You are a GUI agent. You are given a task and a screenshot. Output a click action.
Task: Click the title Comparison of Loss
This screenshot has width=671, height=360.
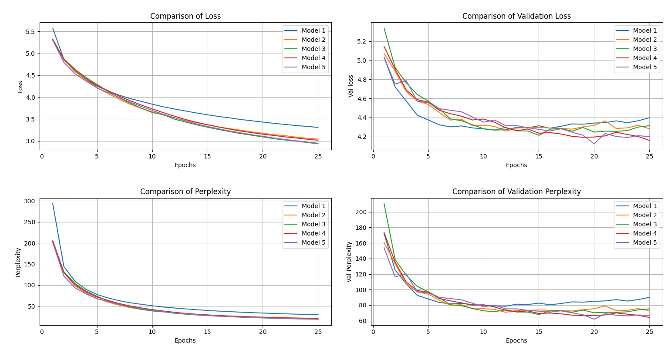[x=185, y=16]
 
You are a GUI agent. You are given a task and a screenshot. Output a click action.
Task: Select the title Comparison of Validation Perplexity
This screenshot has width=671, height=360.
[x=516, y=192]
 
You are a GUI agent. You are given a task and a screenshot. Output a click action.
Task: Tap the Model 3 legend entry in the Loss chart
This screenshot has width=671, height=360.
[x=313, y=49]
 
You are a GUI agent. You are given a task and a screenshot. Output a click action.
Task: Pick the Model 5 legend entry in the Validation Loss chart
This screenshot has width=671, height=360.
[x=644, y=67]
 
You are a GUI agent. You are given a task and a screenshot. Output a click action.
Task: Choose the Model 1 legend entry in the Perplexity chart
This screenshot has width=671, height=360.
[x=313, y=206]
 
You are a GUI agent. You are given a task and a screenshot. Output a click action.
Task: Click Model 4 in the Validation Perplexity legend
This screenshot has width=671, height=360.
[x=644, y=233]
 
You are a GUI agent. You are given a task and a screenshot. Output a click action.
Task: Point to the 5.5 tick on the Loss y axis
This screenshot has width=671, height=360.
[x=30, y=32]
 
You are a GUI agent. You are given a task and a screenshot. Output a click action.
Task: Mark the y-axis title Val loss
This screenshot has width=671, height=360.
[x=351, y=86]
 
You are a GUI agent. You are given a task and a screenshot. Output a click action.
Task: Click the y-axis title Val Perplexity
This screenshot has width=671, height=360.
[x=349, y=262]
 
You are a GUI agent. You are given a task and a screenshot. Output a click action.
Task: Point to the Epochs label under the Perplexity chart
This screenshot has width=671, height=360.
[x=185, y=340]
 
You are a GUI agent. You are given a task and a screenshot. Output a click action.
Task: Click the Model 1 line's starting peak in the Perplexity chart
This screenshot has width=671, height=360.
[x=53, y=203]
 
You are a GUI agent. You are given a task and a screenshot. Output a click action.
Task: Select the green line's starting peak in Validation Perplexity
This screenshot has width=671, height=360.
[x=384, y=204]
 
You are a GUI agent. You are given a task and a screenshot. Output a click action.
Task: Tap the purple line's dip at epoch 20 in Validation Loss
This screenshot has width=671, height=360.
[x=594, y=144]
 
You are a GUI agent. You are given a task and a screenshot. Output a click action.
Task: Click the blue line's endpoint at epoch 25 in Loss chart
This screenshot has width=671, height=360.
[x=318, y=128]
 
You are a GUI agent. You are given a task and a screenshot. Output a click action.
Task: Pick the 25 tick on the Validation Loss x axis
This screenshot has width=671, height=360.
[x=649, y=156]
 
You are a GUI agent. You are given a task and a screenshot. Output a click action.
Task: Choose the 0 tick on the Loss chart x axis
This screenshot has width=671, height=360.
[x=42, y=156]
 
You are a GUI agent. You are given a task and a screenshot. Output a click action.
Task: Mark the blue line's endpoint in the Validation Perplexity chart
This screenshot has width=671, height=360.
[x=649, y=297]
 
